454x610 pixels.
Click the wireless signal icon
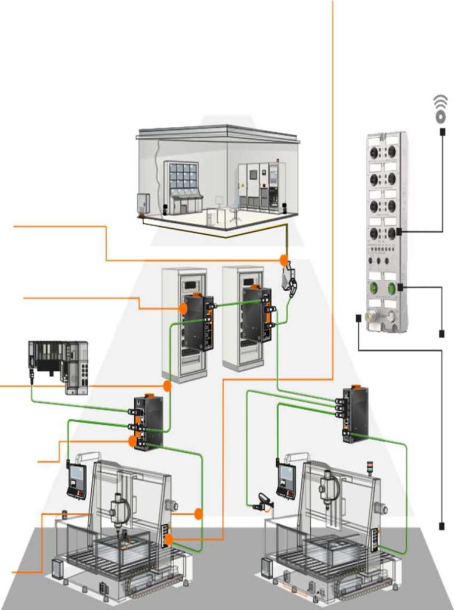tap(440, 108)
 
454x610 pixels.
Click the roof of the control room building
tap(218, 132)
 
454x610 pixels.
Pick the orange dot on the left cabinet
tap(183, 307)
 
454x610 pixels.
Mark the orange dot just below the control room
tap(284, 261)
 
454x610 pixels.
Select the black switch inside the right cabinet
tap(255, 314)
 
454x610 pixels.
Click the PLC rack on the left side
tap(58, 365)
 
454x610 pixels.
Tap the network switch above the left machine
tap(147, 422)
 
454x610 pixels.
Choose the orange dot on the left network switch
tap(132, 440)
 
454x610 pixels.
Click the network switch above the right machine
tap(355, 413)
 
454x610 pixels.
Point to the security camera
tap(263, 500)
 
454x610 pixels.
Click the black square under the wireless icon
tap(441, 131)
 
